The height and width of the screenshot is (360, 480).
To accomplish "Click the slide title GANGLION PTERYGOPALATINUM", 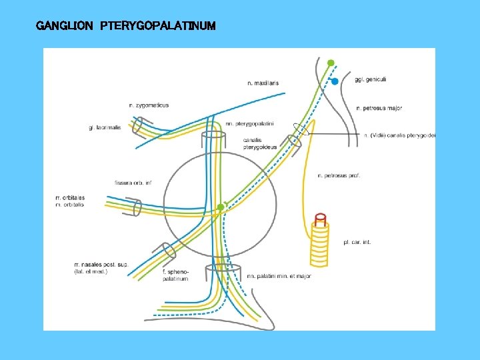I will coord(126,26).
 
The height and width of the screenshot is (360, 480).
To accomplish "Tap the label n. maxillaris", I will coord(263,83).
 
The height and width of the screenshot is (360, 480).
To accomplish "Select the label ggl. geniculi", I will coord(371,80).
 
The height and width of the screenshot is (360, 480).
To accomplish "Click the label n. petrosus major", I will coord(379,108).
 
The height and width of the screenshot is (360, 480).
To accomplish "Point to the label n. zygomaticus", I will coord(149,105).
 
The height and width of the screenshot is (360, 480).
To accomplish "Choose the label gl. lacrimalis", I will coord(105,127).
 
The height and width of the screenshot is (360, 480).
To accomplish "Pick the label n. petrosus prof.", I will coord(339,176).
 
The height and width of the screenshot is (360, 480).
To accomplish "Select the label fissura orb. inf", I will coord(133,182).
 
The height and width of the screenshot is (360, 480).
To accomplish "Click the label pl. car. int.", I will coord(357,242).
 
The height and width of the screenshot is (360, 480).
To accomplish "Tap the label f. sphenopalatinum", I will coord(175,275).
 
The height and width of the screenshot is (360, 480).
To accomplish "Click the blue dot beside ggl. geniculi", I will coord(335,81).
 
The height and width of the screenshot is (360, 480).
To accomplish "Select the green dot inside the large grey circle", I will coord(221,207).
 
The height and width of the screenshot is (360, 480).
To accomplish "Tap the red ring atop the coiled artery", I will coord(320,217).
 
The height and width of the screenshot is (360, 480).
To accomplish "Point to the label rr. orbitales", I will coord(70,198).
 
